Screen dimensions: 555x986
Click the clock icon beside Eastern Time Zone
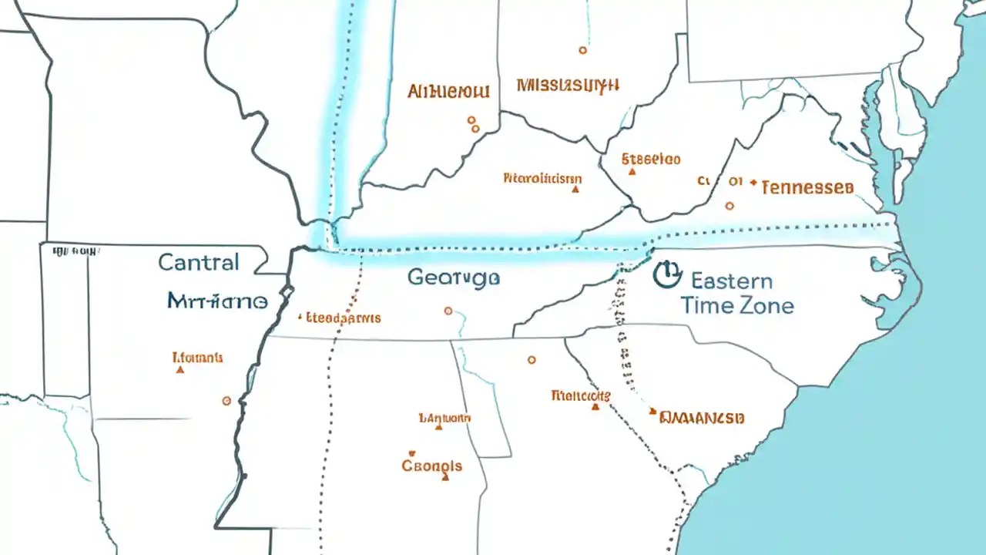666,274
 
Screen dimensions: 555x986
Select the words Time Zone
736,305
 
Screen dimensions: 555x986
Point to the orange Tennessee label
807,187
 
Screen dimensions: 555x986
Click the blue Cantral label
199,262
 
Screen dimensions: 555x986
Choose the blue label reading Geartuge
453,277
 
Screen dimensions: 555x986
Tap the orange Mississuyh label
568,84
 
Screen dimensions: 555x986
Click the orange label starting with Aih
448,92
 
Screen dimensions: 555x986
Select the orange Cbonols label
432,466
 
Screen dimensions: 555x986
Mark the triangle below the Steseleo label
632,172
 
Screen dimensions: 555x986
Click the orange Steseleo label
651,160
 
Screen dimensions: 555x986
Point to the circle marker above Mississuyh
582,50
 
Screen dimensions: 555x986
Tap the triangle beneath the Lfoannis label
180,370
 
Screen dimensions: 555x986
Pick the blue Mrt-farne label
217,301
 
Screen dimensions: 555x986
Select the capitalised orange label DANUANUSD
701,418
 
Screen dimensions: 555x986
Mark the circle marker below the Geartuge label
448,311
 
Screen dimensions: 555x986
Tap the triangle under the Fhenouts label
595,407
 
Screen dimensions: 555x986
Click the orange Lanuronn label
444,418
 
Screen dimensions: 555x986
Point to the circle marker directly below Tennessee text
729,206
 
